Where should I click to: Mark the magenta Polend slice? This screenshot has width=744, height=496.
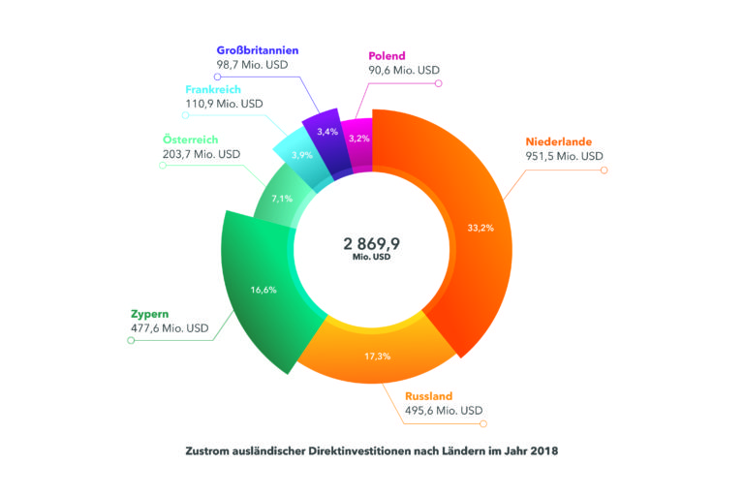(x=357, y=139)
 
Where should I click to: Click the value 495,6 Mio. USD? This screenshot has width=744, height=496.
(x=441, y=411)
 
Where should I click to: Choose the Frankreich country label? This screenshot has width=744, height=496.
(x=218, y=86)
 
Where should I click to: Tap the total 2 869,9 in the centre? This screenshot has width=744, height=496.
(x=372, y=243)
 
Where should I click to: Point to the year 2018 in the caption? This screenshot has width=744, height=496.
(x=544, y=450)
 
